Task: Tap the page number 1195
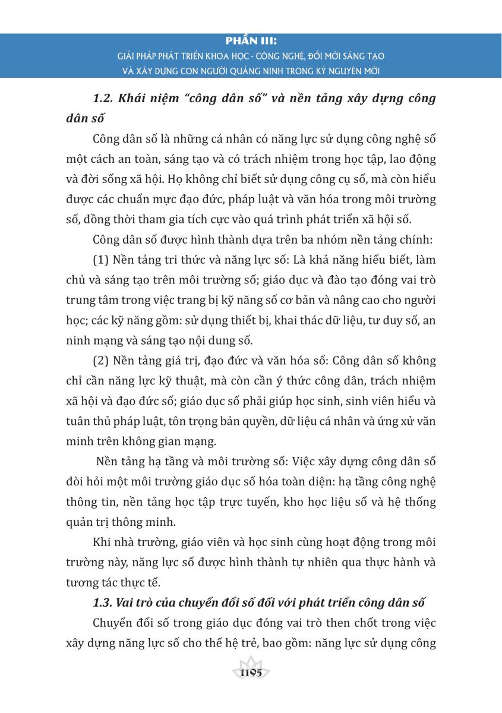(x=251, y=673)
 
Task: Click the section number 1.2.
(x=104, y=99)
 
